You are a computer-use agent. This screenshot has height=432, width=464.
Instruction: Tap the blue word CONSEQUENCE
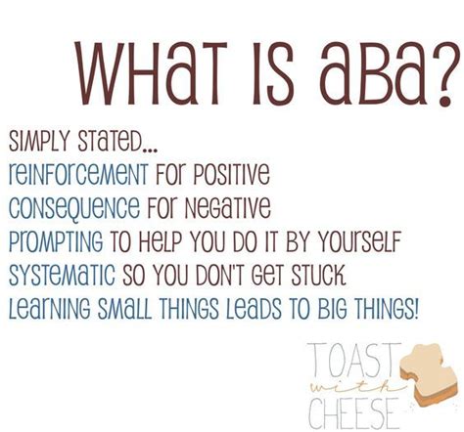click(x=74, y=208)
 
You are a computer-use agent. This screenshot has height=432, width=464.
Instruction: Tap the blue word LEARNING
click(x=51, y=309)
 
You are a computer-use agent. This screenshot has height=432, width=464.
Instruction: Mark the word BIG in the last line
click(x=332, y=309)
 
